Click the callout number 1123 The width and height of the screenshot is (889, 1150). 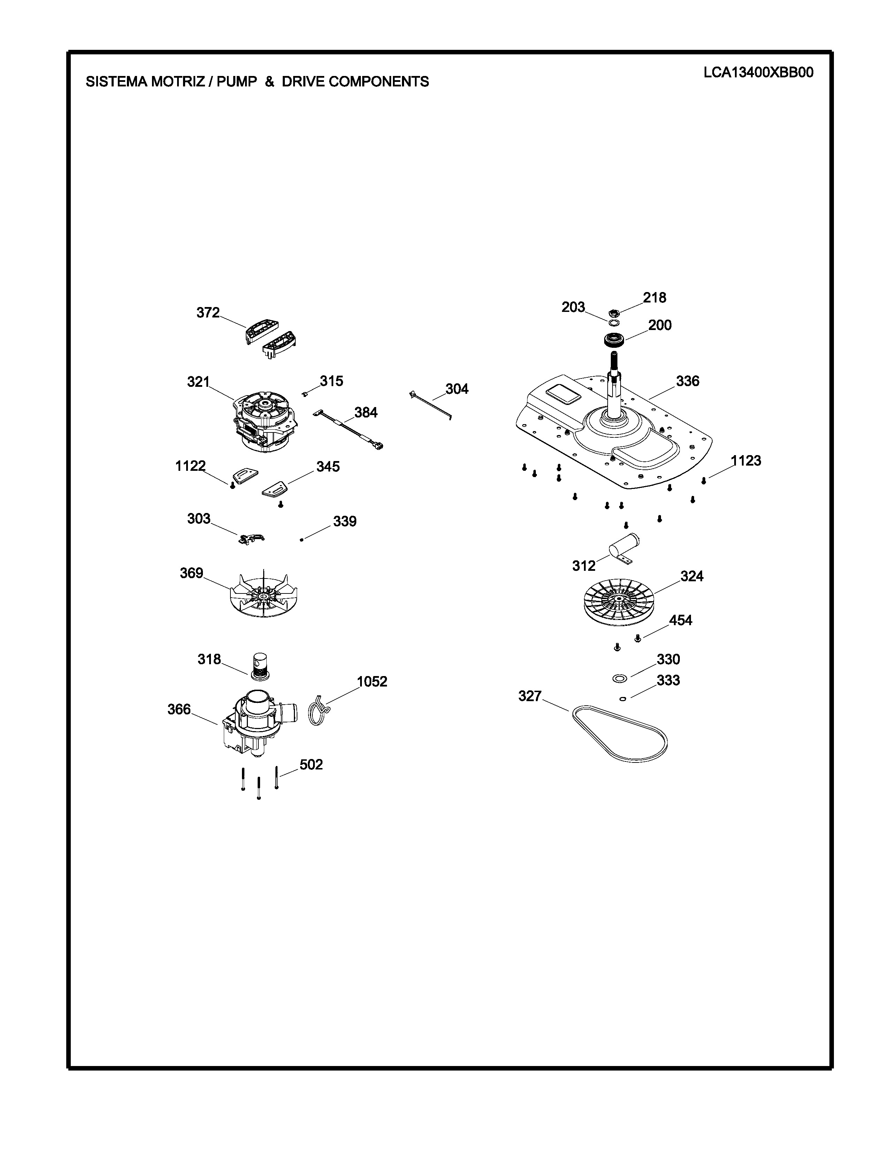coord(746,461)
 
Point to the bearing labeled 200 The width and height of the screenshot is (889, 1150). coord(614,340)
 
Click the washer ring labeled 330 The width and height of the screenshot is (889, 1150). coord(620,678)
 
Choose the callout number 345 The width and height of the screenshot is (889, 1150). coord(328,467)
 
